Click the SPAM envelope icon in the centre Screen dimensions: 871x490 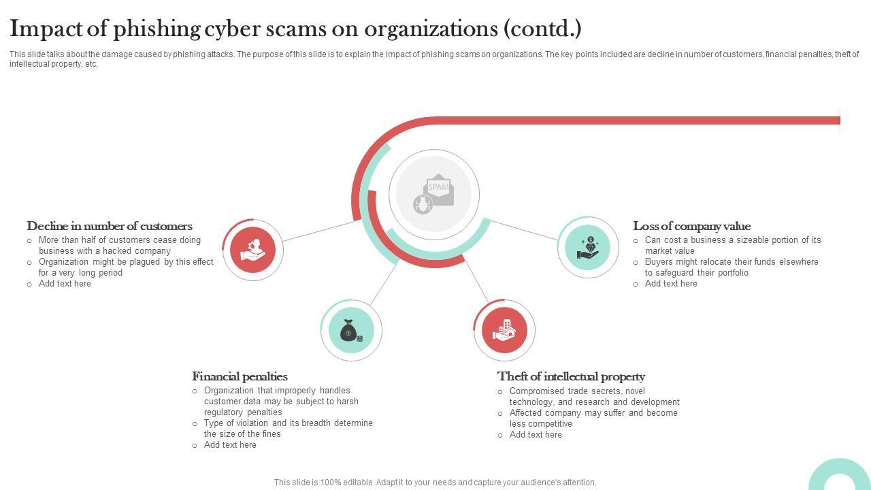tap(434, 194)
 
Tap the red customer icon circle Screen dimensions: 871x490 tap(252, 249)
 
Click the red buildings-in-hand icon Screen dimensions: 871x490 tap(504, 330)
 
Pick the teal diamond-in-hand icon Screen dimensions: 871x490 tap(588, 248)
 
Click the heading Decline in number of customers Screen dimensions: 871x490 tap(110, 226)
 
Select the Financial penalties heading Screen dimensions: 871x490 tap(240, 376)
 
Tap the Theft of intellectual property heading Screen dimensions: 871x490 tap(571, 376)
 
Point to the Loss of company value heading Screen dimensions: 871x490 tap(691, 226)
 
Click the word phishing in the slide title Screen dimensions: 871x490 tap(157, 29)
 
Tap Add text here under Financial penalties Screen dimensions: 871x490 tap(230, 445)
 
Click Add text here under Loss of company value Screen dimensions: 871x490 tap(671, 284)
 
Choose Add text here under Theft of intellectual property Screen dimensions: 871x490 tap(536, 435)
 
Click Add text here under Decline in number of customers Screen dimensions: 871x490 tap(65, 284)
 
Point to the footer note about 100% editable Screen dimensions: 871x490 tap(435, 483)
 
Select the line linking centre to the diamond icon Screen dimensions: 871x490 tap(524, 230)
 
